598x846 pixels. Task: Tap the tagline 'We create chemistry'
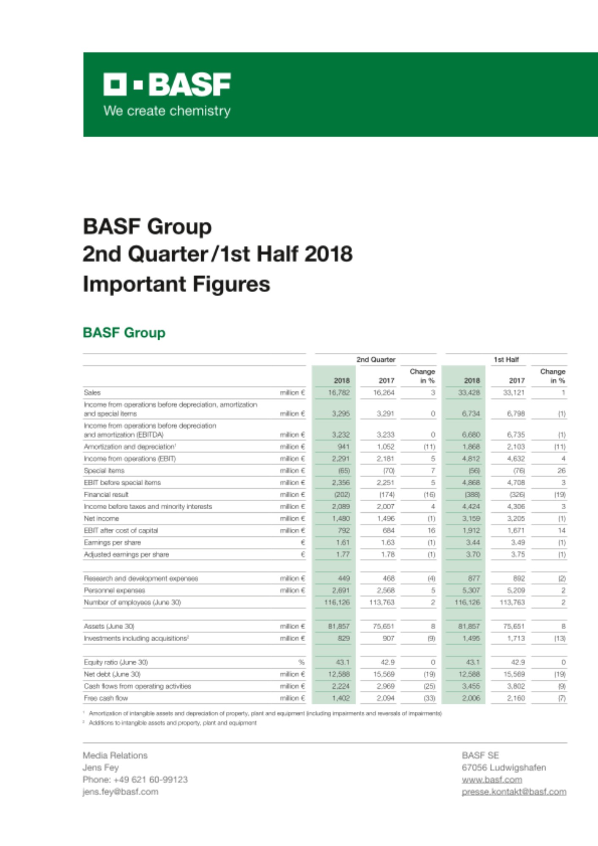tap(167, 111)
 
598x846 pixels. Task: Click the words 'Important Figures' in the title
tap(176, 284)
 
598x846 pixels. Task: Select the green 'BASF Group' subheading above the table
tap(124, 333)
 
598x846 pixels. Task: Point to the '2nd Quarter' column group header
tap(376, 360)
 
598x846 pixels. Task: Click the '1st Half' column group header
tap(506, 360)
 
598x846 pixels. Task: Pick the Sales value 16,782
tap(339, 393)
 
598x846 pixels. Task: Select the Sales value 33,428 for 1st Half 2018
tap(469, 393)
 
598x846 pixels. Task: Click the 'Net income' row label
tap(101, 519)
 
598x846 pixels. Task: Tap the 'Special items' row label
tap(104, 470)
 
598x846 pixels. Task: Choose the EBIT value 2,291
tap(340, 459)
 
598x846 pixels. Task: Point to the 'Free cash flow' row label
tap(106, 698)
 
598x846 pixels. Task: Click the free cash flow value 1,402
tap(340, 698)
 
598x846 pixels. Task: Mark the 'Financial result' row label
tap(106, 494)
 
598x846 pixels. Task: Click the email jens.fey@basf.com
tap(121, 792)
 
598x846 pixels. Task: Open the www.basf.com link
tap(492, 780)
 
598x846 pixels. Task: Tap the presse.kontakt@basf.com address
tap(514, 792)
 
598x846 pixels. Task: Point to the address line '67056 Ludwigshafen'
tap(504, 767)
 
